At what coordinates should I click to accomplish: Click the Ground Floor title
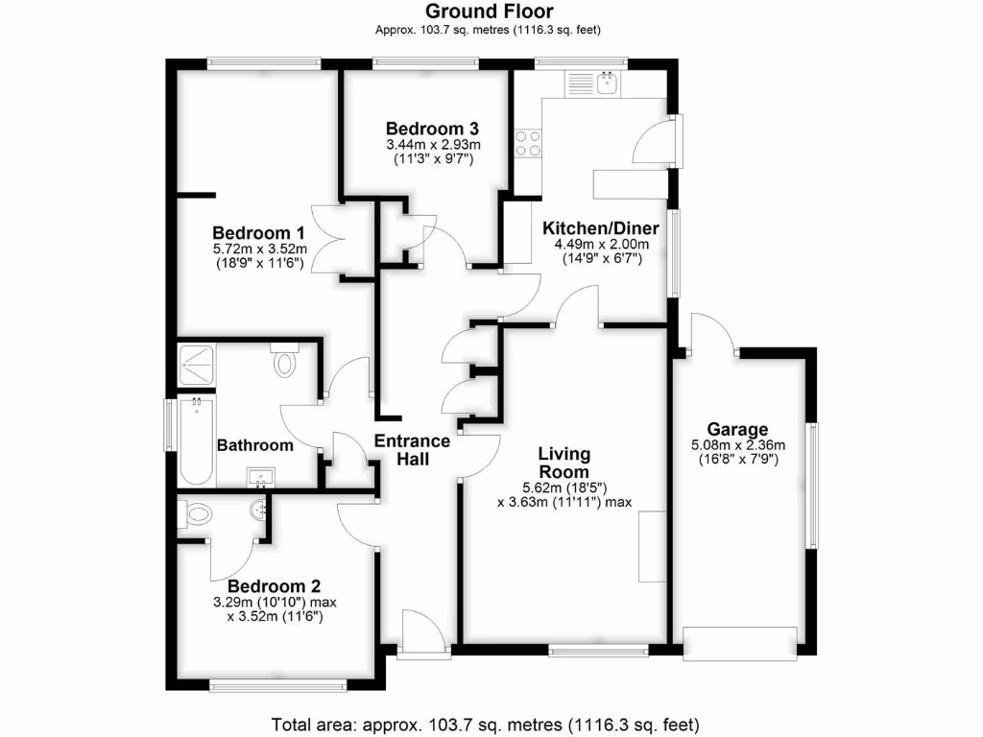(x=489, y=12)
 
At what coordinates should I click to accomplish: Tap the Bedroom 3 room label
(x=432, y=129)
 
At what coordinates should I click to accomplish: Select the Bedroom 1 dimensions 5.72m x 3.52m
(x=258, y=249)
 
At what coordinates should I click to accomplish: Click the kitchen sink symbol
(x=607, y=83)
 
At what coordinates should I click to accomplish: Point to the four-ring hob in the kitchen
(x=528, y=143)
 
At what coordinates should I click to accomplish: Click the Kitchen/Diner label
(x=601, y=228)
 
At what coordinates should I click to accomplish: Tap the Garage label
(x=737, y=429)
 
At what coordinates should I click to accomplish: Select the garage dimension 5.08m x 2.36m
(x=737, y=444)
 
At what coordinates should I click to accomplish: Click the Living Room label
(x=563, y=463)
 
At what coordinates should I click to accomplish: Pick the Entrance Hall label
(x=411, y=449)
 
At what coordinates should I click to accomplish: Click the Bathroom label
(x=254, y=445)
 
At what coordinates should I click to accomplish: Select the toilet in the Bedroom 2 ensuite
(x=195, y=515)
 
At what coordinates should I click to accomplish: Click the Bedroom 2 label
(x=274, y=586)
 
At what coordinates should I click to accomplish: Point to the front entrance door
(x=422, y=633)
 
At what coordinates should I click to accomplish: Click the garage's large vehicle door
(x=740, y=642)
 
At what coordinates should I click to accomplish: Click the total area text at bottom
(x=486, y=723)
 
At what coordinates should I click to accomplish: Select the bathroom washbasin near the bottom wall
(x=261, y=477)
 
